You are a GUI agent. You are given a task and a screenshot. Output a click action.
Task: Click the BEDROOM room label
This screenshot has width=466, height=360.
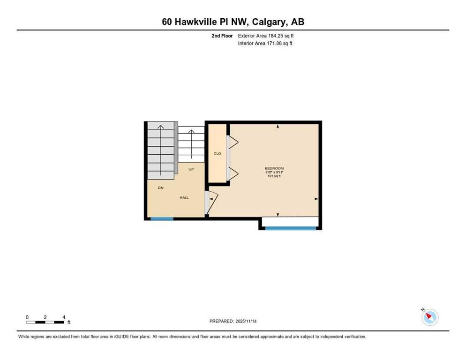point(274,168)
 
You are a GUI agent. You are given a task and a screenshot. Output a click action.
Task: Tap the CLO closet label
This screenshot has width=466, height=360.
point(217,153)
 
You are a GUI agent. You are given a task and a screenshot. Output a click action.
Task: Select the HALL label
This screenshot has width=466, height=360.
point(184,197)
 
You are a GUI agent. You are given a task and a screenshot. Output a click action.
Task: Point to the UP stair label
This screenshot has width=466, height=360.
point(191,169)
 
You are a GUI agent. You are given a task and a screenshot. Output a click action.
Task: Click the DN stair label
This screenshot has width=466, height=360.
point(161,188)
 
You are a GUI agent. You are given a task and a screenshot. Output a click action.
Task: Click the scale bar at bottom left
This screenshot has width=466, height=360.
point(45,322)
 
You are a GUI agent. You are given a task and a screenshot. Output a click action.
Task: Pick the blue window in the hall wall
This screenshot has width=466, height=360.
point(162,219)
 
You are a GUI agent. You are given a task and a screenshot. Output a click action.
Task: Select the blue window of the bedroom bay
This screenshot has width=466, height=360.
point(290,228)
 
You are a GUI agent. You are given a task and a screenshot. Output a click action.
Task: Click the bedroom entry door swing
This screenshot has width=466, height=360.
point(211,202)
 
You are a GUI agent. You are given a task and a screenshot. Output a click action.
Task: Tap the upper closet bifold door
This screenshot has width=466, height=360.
point(233,142)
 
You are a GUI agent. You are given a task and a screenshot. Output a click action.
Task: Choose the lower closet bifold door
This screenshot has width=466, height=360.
point(233,174)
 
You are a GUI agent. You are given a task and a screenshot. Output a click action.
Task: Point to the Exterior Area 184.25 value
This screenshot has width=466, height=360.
point(281,36)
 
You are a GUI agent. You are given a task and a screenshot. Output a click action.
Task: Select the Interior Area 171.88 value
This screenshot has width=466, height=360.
point(279,44)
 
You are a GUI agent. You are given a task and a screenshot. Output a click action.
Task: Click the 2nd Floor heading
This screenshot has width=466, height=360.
point(222,36)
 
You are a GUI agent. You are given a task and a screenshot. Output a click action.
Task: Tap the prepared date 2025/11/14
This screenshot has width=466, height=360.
point(246,322)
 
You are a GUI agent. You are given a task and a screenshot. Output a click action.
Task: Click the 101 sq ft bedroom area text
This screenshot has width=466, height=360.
point(274,176)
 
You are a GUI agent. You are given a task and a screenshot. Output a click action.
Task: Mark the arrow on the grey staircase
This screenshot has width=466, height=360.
point(161,150)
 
